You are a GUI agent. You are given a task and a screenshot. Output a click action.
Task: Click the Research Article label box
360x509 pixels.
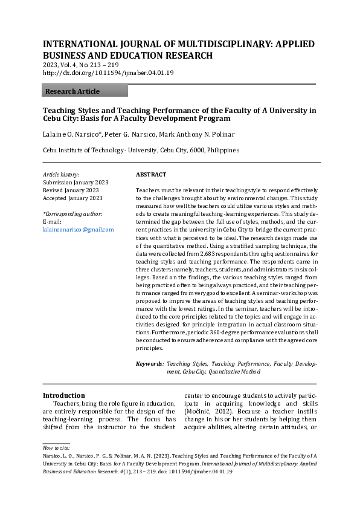point(85,91)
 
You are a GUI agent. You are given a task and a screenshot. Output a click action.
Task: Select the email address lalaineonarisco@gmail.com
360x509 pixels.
point(78,230)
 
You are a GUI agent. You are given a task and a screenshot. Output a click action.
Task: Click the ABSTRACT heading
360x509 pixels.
point(150,175)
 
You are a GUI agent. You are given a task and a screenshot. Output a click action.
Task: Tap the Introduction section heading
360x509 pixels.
point(64,395)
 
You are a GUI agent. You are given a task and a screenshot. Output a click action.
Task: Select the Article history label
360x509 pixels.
point(61,175)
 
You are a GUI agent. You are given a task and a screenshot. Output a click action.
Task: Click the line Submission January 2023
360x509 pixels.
point(76,183)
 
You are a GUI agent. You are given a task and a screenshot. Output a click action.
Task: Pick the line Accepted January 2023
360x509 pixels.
point(72,198)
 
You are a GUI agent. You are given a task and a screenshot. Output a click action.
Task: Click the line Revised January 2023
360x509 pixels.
point(71,190)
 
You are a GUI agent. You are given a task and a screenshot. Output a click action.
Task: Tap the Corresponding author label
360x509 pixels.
point(72,214)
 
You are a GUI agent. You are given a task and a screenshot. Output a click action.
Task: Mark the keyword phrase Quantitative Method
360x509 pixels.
point(235,372)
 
